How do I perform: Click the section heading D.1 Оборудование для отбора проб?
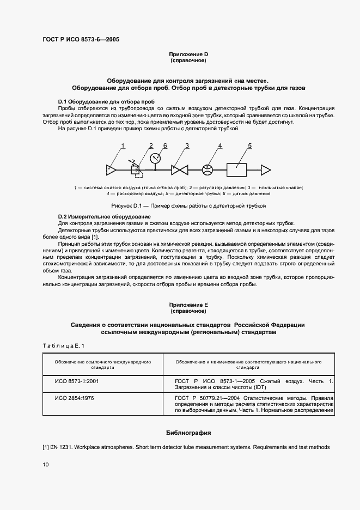click(x=106, y=102)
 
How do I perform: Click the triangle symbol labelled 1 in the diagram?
click(x=112, y=170)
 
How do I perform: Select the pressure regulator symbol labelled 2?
click(x=135, y=170)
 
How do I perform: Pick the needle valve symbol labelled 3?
click(x=179, y=170)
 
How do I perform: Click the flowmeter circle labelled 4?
click(x=207, y=170)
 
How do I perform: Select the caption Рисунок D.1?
click(x=188, y=206)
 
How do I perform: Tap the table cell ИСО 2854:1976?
click(x=74, y=398)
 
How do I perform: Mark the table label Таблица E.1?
click(x=64, y=346)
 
